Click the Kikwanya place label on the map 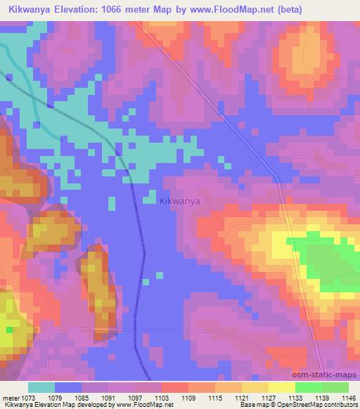[x=180, y=201]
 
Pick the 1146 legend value [x=347, y=397]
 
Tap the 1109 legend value [x=187, y=397]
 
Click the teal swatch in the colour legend [x=41, y=387]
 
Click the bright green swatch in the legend [x=308, y=387]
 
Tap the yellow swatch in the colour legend [x=281, y=387]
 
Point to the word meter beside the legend [x=8, y=397]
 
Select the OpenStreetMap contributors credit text [x=316, y=405]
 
